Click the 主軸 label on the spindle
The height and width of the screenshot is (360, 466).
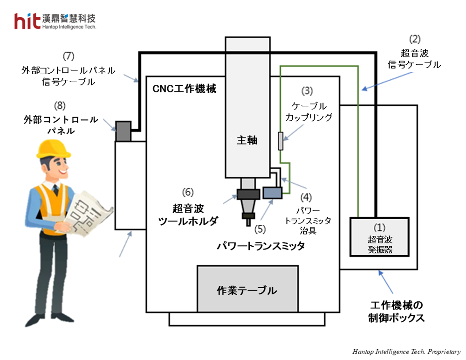[x=247, y=140]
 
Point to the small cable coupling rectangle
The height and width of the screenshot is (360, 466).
[x=280, y=141]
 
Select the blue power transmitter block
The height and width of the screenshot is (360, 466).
[x=272, y=192]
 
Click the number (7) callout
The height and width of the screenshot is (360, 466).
[x=69, y=56]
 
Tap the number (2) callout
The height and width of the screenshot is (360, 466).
[x=414, y=39]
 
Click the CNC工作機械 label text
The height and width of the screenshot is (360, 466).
[x=184, y=89]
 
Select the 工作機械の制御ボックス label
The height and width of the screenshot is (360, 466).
[x=397, y=312]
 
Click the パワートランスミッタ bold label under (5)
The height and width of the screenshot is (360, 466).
[x=260, y=246]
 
